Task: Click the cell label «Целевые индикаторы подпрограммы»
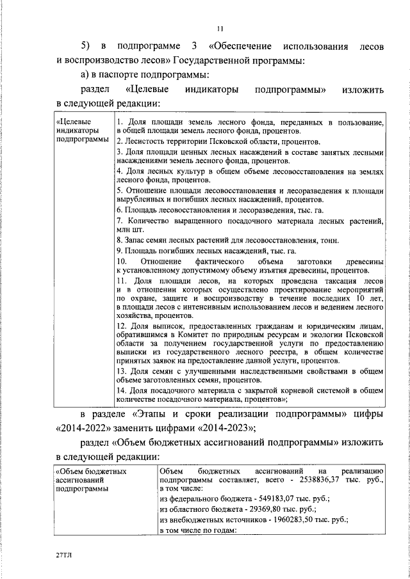coord(81,130)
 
